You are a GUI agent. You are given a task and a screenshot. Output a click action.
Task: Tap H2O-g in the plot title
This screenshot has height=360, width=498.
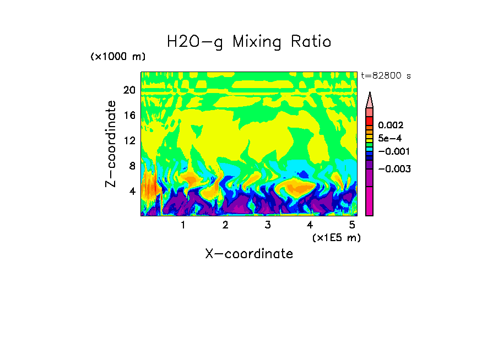(x=195, y=41)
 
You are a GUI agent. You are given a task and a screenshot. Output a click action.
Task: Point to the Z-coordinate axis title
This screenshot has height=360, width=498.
(x=111, y=144)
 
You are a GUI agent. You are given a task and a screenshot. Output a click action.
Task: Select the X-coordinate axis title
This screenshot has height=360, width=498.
(x=249, y=254)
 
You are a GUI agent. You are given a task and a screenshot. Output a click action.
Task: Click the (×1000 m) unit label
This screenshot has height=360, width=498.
(x=117, y=57)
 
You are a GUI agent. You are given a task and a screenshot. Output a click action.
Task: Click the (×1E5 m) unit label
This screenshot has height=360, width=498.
(x=336, y=237)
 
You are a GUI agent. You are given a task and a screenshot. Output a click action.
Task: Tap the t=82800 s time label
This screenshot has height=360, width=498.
(x=386, y=76)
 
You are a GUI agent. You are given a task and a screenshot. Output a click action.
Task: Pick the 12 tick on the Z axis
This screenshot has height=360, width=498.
(x=129, y=140)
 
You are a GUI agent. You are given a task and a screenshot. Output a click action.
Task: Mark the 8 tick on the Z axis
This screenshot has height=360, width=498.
(x=132, y=166)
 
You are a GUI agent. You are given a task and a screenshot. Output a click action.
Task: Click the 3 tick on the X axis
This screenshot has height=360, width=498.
(x=267, y=225)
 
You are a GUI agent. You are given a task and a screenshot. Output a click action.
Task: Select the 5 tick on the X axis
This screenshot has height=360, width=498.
(x=351, y=225)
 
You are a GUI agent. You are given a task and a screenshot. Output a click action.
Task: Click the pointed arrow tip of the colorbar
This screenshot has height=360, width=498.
(x=370, y=96)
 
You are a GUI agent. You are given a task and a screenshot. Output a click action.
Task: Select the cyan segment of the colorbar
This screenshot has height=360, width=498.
(x=370, y=149)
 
